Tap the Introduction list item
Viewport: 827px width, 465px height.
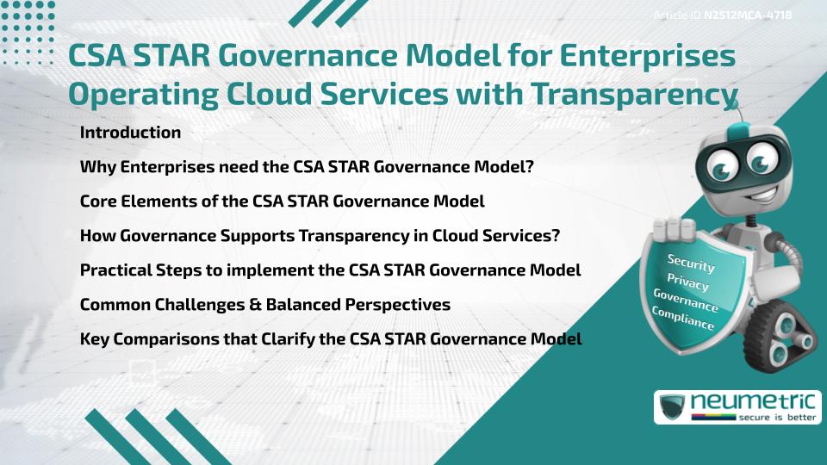[x=130, y=133]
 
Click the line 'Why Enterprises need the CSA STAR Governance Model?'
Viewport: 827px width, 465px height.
[x=307, y=167]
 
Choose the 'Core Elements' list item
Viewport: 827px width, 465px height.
[x=282, y=201]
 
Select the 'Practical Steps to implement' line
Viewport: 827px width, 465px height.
[x=330, y=270]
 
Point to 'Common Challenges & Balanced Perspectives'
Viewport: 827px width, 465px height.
[x=264, y=305]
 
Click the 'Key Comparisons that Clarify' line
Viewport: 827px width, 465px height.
[x=331, y=339]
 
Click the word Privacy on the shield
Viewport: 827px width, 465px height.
[x=687, y=282]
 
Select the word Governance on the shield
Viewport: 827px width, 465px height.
[x=686, y=301]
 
